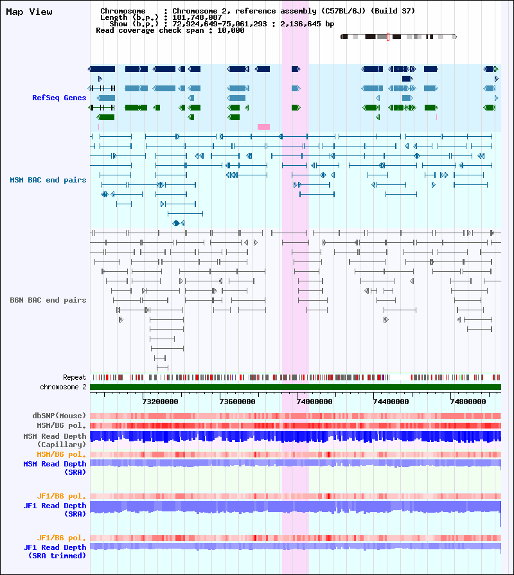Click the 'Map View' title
[x=29, y=12]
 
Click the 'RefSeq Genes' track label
[x=59, y=98]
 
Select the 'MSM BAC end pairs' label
[x=48, y=180]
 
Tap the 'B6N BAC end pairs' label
[x=48, y=300]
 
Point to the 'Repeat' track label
[x=75, y=377]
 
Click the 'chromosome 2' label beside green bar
[x=63, y=387]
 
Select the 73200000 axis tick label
[x=160, y=402]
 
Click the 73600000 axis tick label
[x=237, y=402]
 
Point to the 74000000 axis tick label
[x=314, y=402]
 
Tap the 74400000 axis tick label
[x=391, y=402]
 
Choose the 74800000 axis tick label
[x=468, y=402]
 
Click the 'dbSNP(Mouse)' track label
[x=59, y=416]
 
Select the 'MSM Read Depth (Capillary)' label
[x=55, y=441]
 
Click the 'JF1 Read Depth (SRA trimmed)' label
[x=55, y=551]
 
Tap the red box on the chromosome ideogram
[x=388, y=37]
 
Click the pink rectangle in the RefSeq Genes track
[x=263, y=127]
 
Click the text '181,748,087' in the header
[x=197, y=17]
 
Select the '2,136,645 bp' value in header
[x=307, y=24]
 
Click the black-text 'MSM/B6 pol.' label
[x=61, y=425]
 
